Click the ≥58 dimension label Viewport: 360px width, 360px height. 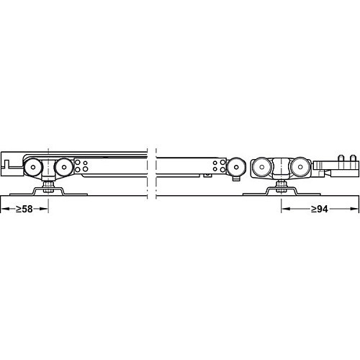point(24,209)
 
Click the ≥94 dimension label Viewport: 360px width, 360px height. point(320,209)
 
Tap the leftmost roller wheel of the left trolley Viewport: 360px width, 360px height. point(33,167)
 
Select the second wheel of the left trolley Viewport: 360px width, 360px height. point(63,167)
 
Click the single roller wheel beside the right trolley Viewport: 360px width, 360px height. point(236,167)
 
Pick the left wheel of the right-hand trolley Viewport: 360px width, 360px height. point(261,167)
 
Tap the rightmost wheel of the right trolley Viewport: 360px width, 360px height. point(300,167)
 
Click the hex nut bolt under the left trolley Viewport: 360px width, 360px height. point(48,187)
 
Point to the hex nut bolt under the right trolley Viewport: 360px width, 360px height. point(281,187)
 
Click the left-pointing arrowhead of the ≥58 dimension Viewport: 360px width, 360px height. point(5,209)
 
